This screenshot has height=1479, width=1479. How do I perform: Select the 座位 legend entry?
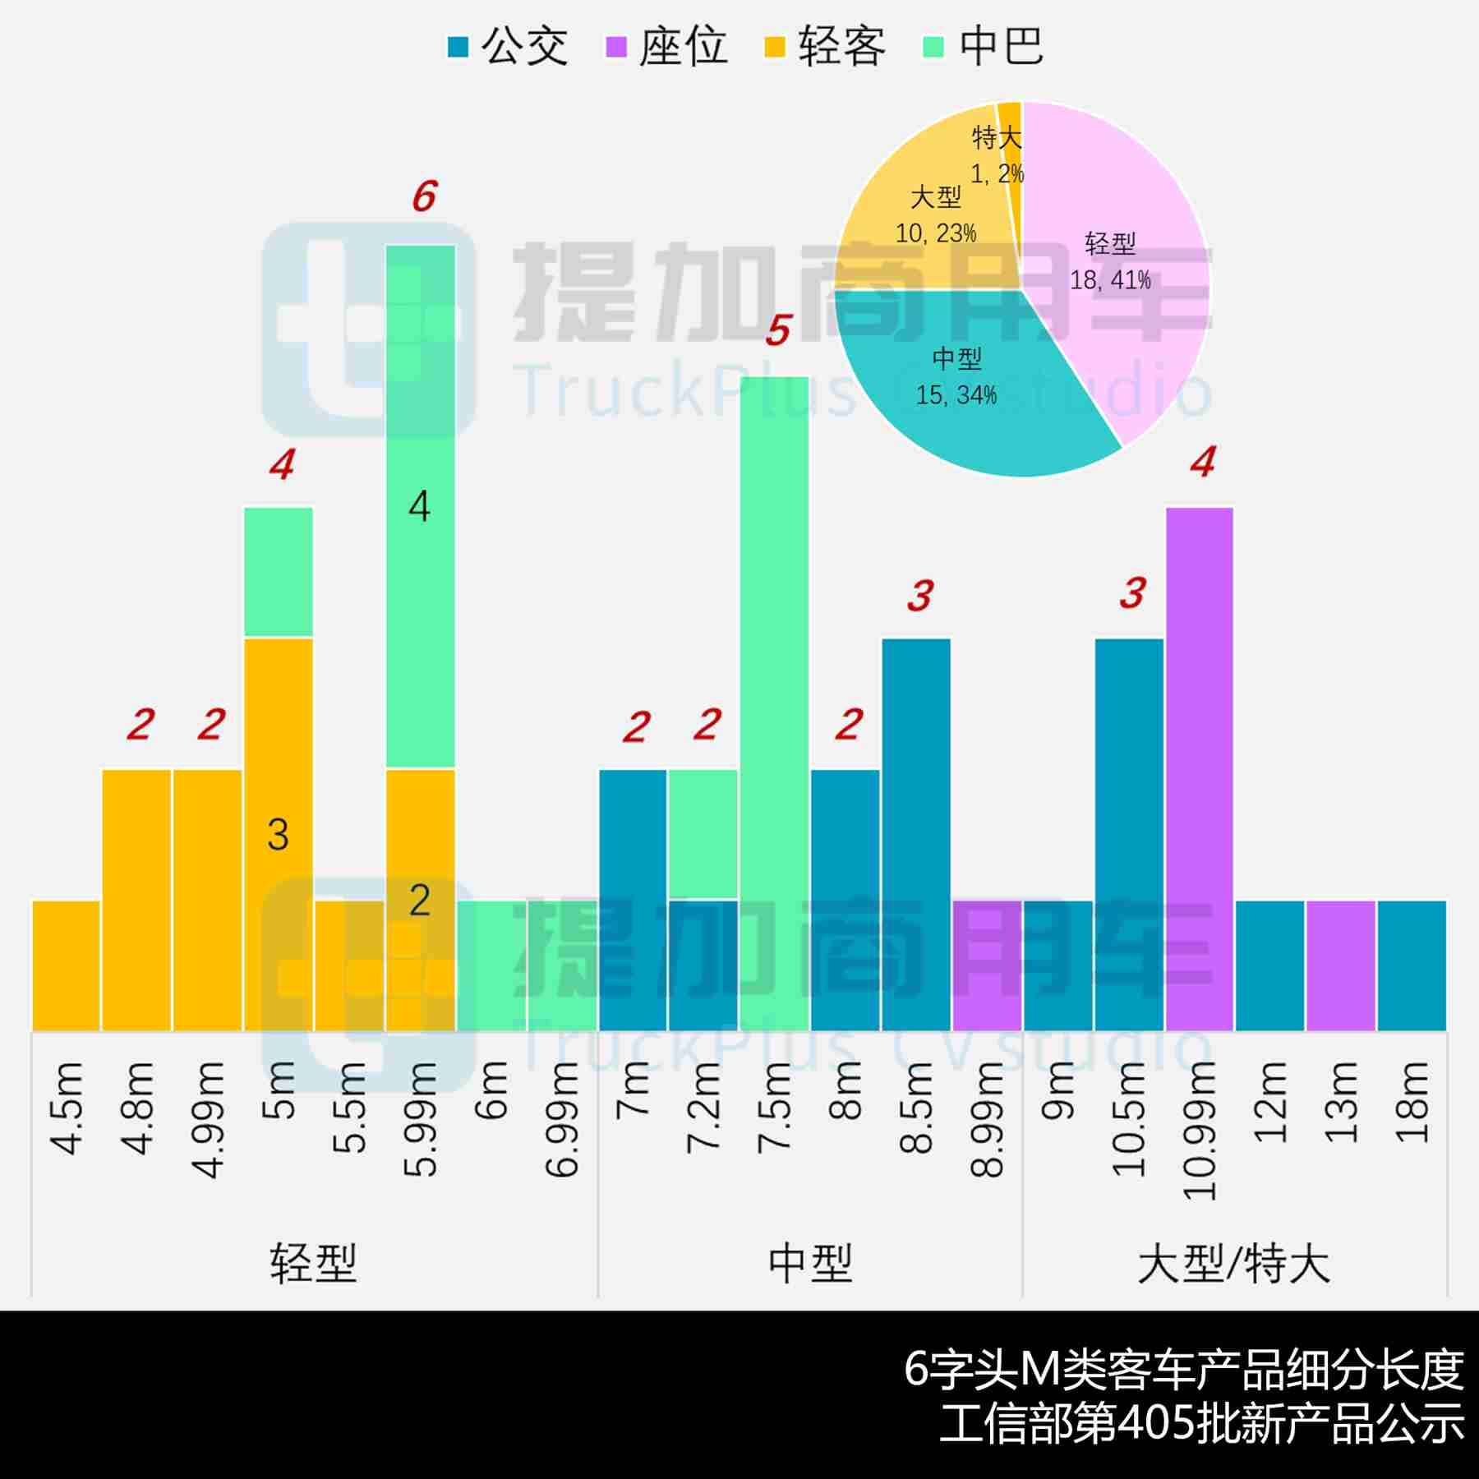click(x=666, y=46)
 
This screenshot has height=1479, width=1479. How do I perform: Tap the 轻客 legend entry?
click(x=825, y=46)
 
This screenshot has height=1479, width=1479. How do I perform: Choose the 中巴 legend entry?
click(x=984, y=46)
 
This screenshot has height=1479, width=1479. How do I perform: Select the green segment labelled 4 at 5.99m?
click(x=420, y=506)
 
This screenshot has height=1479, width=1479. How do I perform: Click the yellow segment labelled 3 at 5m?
click(x=279, y=834)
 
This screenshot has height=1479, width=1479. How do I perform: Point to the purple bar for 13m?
click(x=1341, y=965)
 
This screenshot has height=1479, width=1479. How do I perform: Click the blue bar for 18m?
click(x=1412, y=965)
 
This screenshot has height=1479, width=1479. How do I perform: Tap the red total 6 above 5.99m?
click(x=424, y=196)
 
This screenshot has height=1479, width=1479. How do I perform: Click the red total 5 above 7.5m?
click(x=777, y=330)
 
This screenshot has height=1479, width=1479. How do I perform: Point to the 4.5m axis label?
click(x=67, y=1109)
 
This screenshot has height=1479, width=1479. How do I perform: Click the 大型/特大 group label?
click(x=1233, y=1264)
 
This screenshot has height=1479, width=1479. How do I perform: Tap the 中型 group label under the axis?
click(x=810, y=1264)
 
